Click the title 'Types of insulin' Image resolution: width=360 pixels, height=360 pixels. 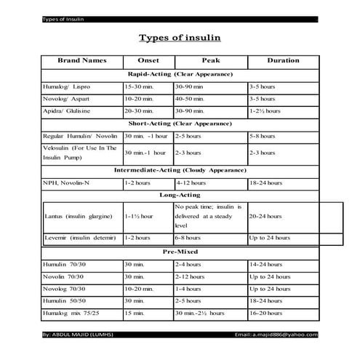[180, 38]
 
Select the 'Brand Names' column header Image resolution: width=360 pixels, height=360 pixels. [82, 61]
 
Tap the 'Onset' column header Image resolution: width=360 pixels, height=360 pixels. [148, 61]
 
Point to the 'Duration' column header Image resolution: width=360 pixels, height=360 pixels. [283, 61]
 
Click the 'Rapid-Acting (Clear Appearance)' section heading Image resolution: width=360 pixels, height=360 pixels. [180, 74]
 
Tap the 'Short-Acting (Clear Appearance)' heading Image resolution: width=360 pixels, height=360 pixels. [180, 123]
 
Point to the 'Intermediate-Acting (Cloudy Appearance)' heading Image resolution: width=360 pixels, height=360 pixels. [180, 169]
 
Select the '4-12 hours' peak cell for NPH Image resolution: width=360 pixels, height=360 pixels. [191, 183]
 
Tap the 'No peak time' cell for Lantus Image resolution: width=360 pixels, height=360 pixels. [209, 216]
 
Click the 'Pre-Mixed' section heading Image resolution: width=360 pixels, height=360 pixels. [180, 251]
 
